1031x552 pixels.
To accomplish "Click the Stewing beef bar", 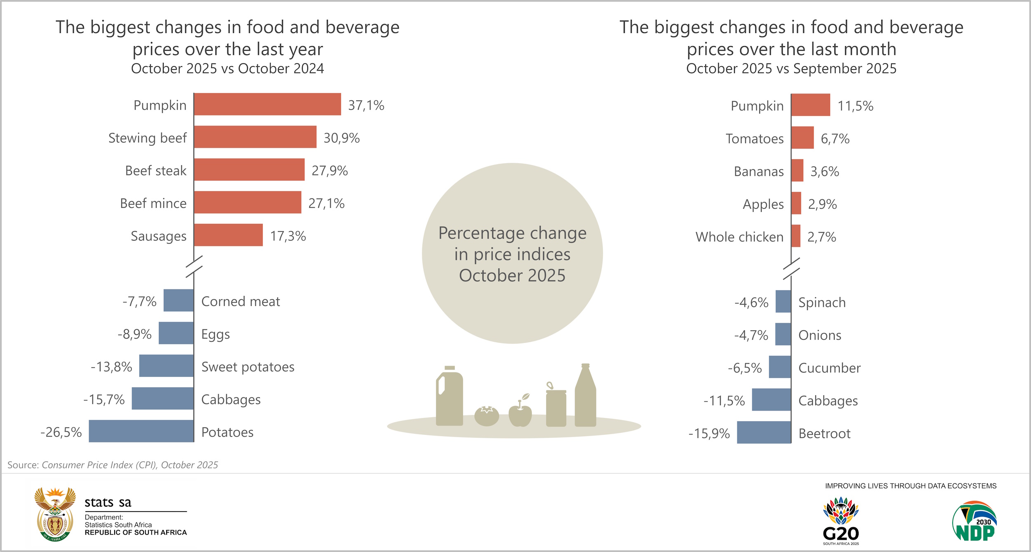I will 255,137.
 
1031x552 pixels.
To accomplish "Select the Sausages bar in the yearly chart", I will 228,235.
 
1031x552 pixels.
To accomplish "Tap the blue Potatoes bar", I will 141,431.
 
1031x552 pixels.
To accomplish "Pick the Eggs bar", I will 176,334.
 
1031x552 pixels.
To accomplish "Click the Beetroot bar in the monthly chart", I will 764,432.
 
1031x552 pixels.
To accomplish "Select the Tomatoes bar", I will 802,138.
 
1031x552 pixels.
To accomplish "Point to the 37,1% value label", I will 366,106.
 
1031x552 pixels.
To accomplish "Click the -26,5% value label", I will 61,432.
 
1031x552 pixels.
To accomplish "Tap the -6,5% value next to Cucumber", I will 744,368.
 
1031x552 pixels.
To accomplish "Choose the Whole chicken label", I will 739,237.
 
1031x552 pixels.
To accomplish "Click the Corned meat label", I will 240,301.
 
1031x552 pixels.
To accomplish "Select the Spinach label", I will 822,303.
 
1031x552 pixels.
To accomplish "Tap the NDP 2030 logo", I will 974,521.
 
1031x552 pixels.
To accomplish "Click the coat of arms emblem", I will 55,514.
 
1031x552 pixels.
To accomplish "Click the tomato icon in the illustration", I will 487,415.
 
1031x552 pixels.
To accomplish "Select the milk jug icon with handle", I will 450,397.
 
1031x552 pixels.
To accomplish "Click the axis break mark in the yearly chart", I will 194,266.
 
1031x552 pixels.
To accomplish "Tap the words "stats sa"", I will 108,503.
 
